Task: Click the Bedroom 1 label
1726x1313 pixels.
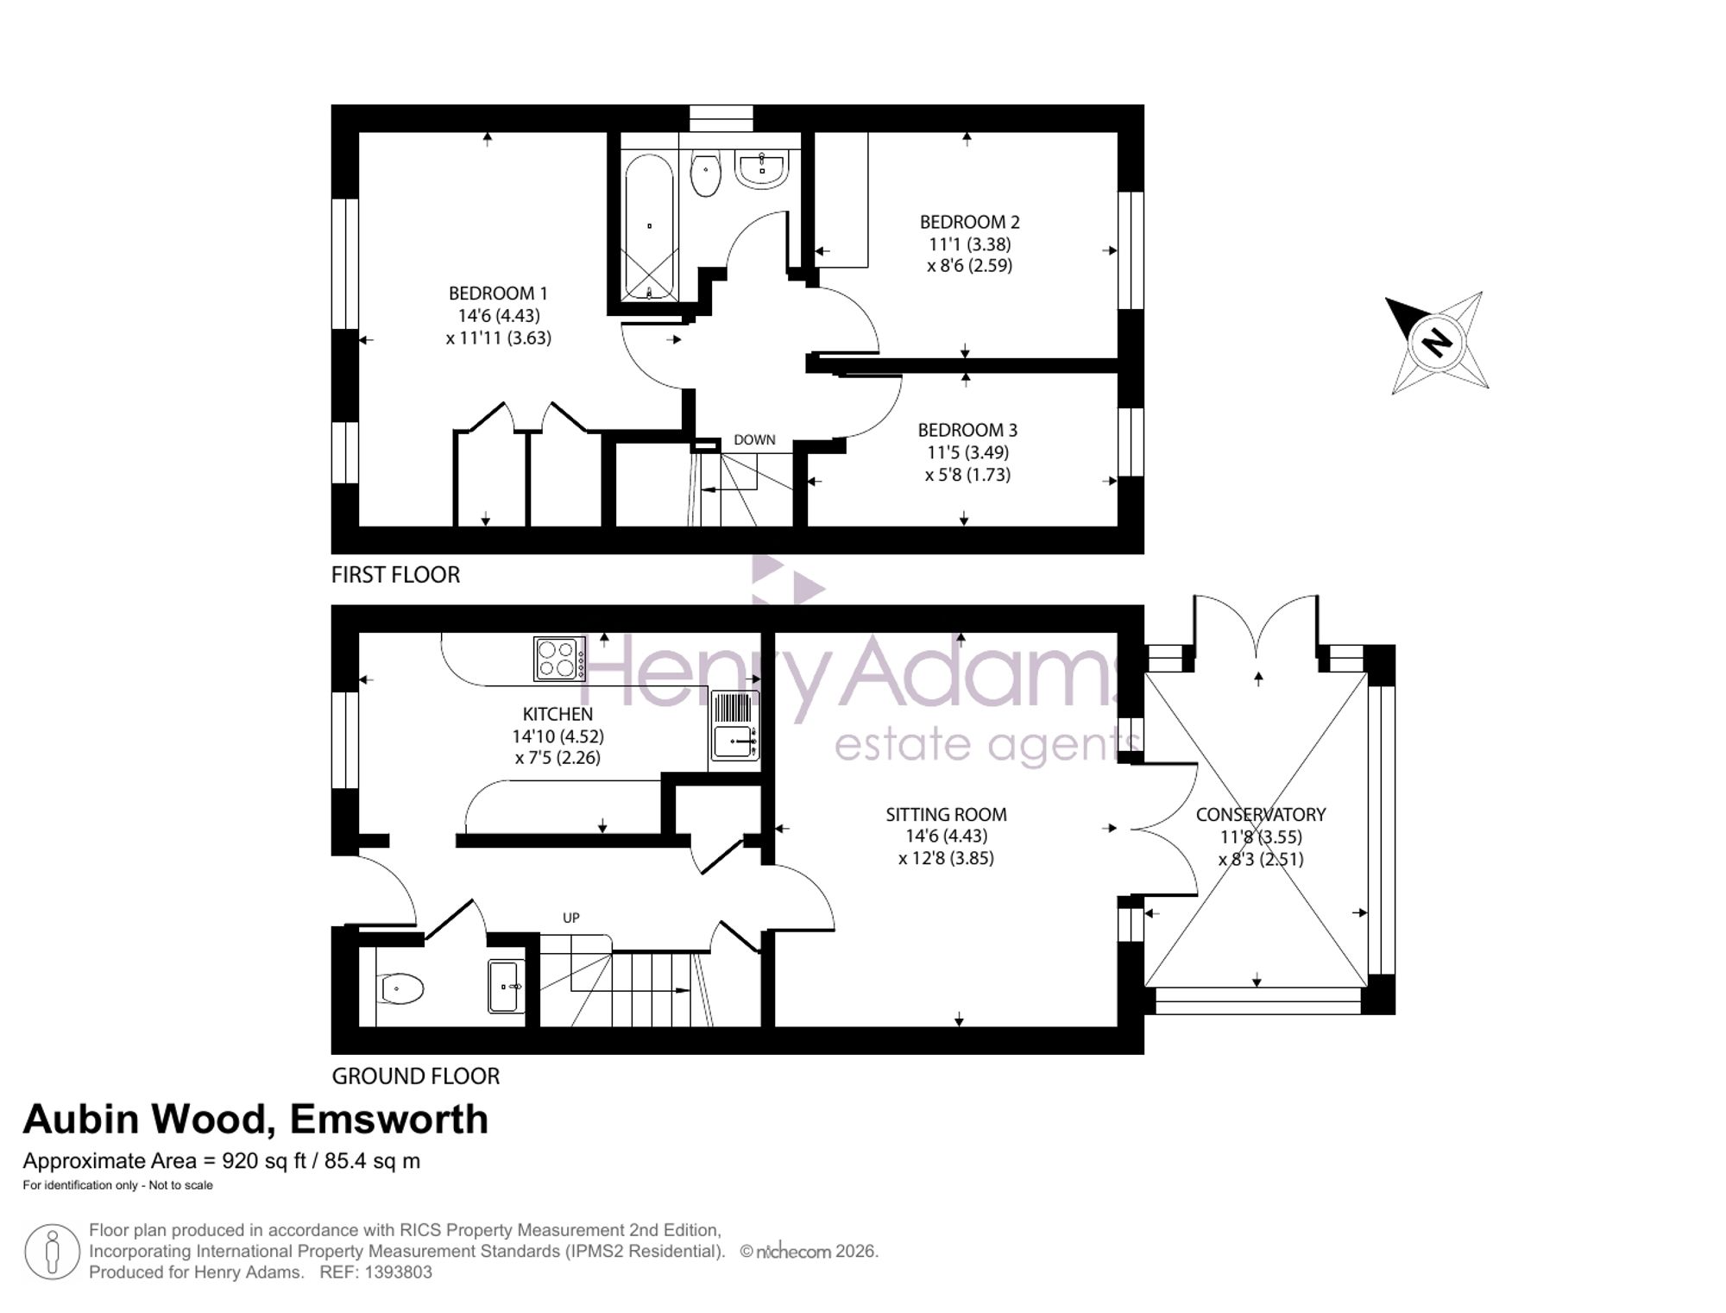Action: click(498, 294)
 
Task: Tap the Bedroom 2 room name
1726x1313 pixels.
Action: click(969, 222)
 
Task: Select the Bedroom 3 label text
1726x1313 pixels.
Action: click(967, 430)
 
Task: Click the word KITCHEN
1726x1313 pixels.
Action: click(557, 714)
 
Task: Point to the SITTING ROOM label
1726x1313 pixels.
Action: click(946, 814)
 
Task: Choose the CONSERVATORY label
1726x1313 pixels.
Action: click(1261, 814)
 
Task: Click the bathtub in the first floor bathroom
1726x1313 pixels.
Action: click(649, 226)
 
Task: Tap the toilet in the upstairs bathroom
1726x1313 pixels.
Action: click(706, 174)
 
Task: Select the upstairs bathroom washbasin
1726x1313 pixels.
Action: click(761, 169)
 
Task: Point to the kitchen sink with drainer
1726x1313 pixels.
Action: click(734, 725)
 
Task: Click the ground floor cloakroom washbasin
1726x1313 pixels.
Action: click(506, 985)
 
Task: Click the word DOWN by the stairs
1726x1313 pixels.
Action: click(754, 439)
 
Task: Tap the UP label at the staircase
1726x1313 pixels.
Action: click(570, 918)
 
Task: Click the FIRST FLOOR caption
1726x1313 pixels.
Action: click(395, 575)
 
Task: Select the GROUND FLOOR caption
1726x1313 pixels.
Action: click(415, 1076)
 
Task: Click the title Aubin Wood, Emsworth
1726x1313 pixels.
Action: click(255, 1120)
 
